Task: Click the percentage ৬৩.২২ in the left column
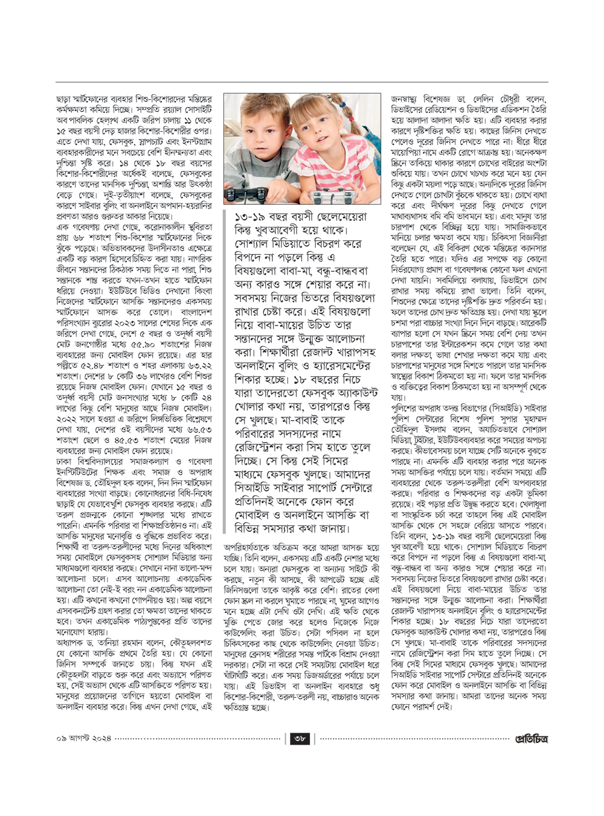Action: [198, 384]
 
